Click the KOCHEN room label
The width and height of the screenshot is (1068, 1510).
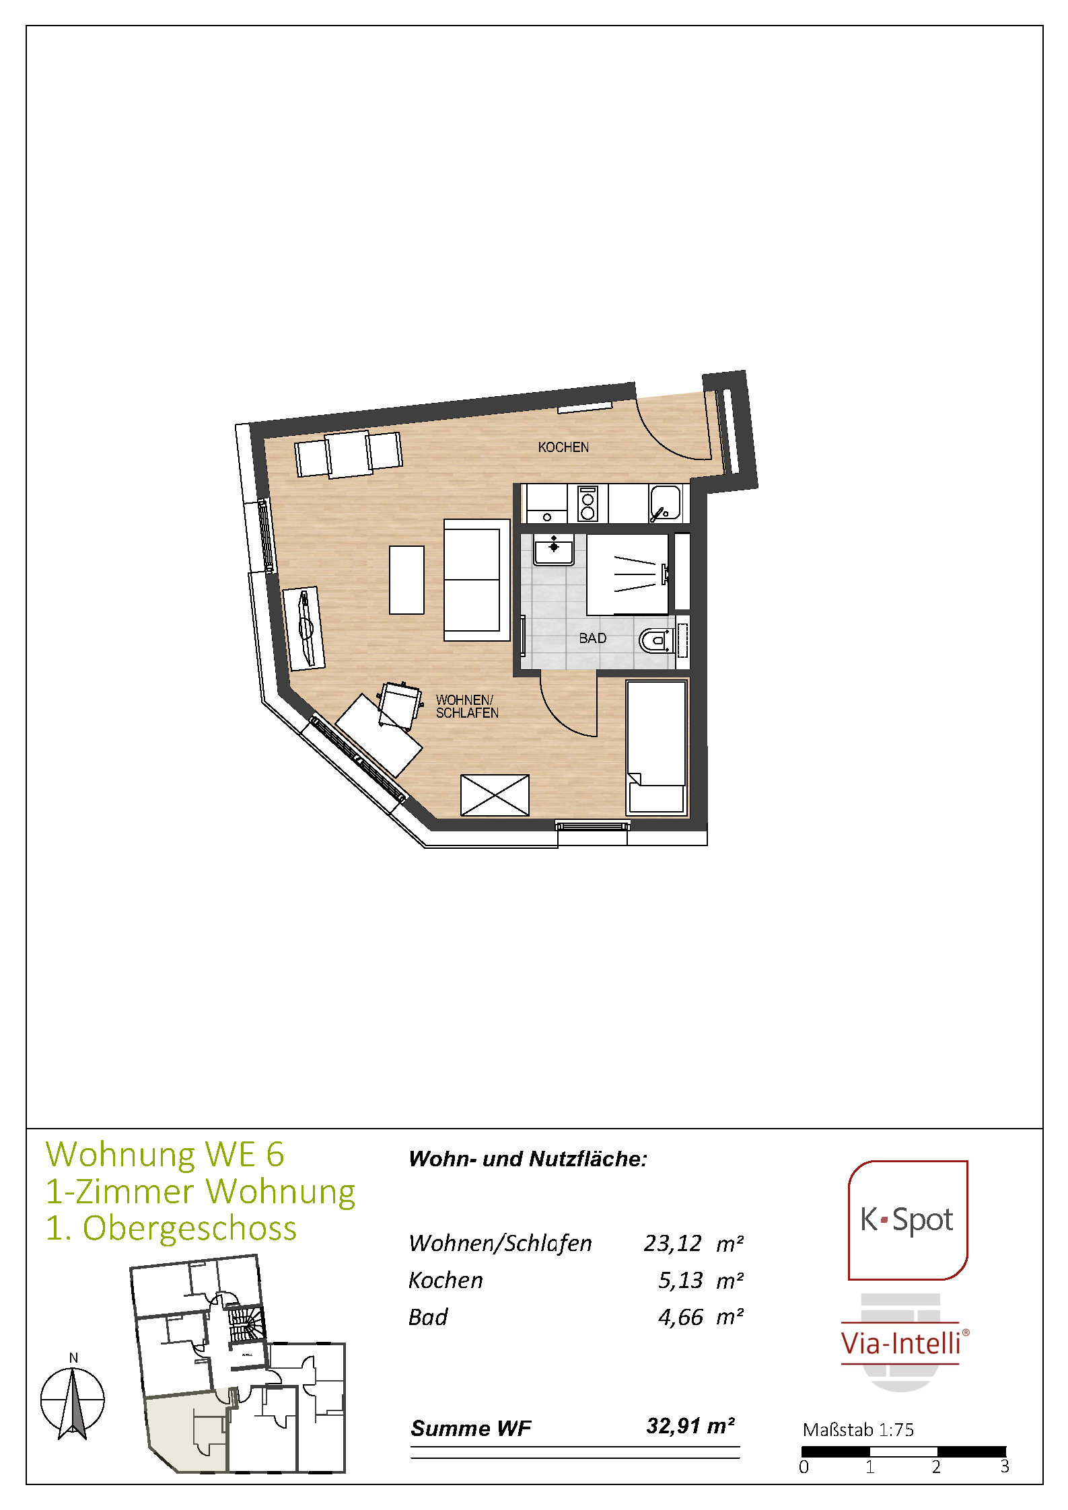pos(563,447)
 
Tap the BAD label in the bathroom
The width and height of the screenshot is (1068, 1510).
pos(593,638)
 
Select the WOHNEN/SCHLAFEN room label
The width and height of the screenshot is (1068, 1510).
pos(467,706)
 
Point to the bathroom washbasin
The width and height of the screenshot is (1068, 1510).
pos(553,550)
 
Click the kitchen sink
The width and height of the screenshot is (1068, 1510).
pos(665,504)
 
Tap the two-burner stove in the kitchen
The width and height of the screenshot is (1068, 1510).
pos(588,504)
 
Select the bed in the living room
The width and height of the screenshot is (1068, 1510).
pos(656,748)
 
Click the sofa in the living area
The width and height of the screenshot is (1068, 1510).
pos(476,580)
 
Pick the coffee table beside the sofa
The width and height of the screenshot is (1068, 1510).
pos(406,580)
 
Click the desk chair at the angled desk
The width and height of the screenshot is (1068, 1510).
pos(399,706)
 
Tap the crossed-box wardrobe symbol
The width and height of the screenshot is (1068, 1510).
pos(495,795)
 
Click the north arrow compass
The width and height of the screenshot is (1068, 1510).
pos(73,1401)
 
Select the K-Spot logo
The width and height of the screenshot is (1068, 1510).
pos(907,1220)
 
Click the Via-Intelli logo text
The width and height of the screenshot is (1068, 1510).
pos(901,1343)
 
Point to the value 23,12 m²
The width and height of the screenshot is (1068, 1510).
pos(693,1243)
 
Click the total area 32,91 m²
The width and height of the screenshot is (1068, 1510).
pos(690,1425)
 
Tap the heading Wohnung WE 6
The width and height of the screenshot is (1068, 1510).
pos(165,1154)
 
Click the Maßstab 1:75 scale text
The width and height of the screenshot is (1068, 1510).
pos(858,1429)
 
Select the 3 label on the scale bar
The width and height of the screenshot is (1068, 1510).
pos(1004,1466)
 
